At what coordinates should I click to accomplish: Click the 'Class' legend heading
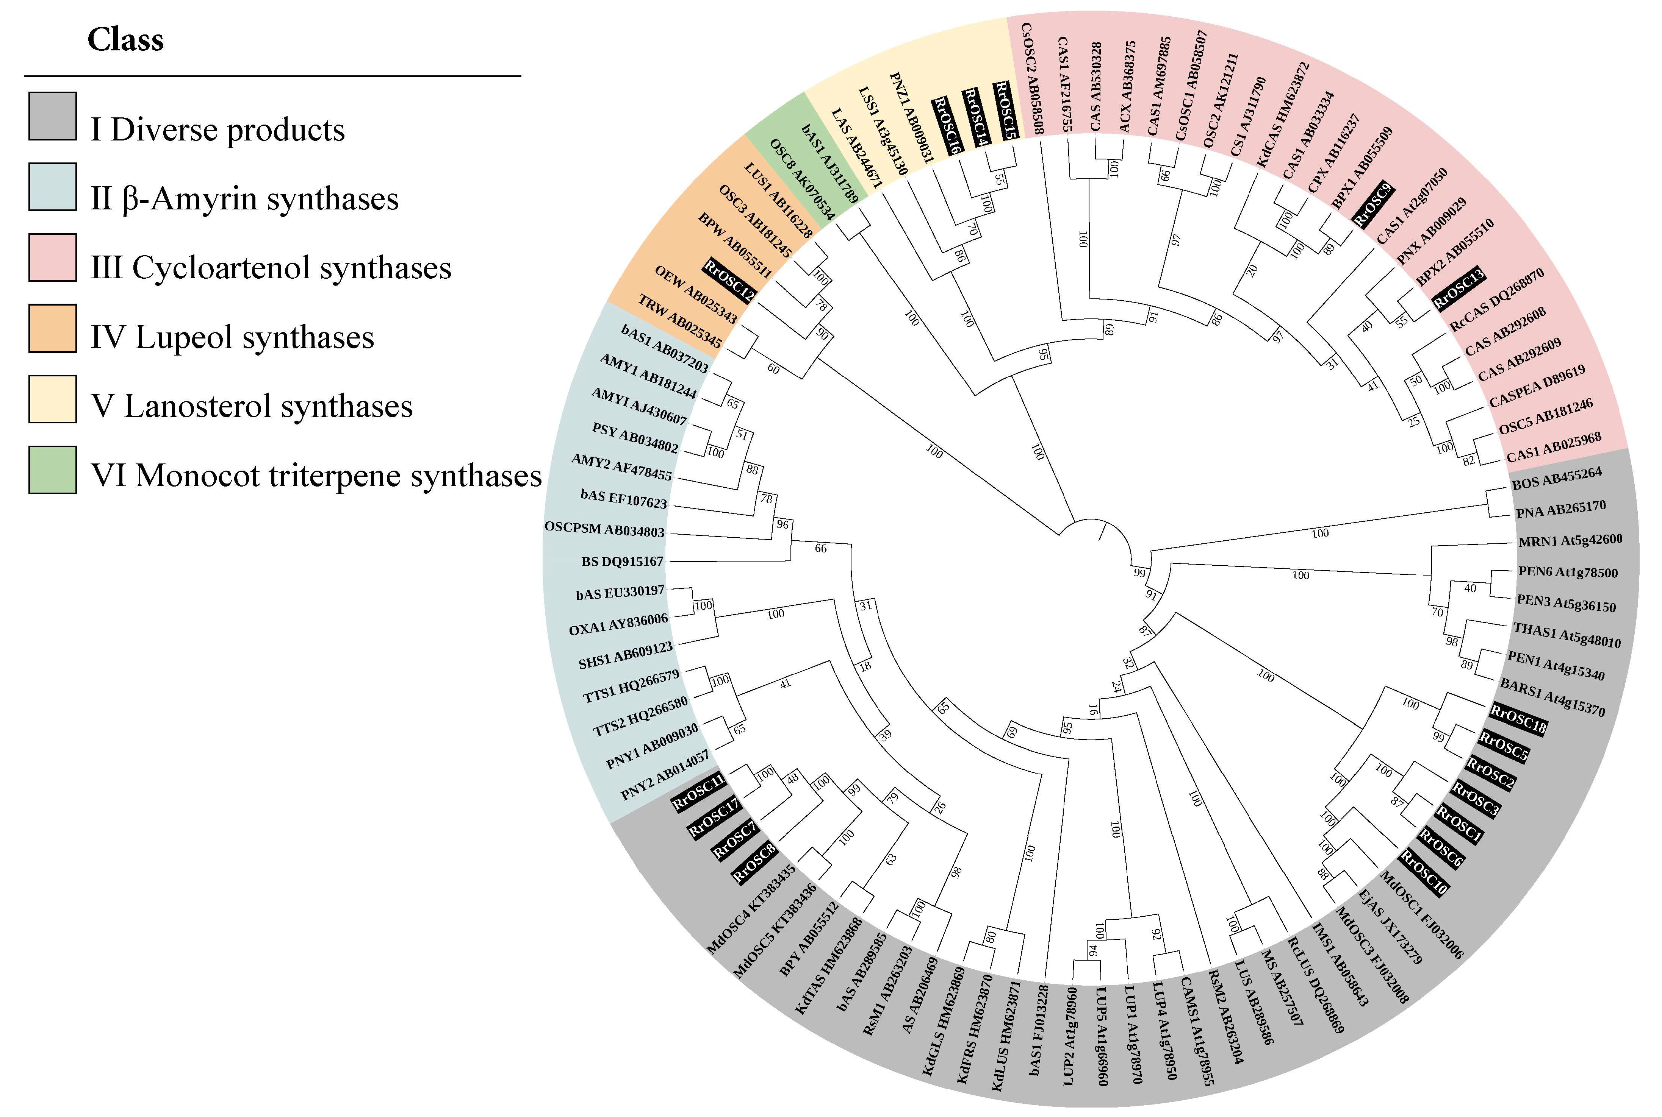click(x=125, y=40)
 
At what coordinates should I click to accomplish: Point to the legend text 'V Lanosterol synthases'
click(x=251, y=406)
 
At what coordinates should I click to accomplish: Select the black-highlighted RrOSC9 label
click(x=1372, y=204)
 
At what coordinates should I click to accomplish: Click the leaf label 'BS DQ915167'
click(x=621, y=562)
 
